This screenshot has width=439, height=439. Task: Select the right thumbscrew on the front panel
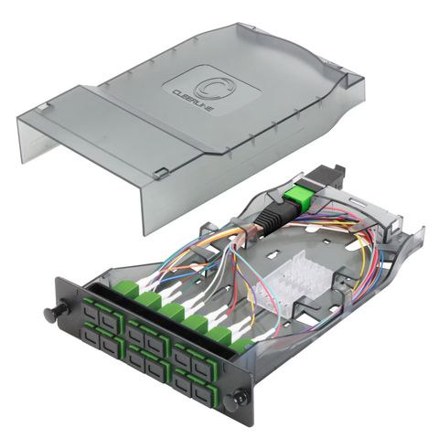click(x=240, y=398)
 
